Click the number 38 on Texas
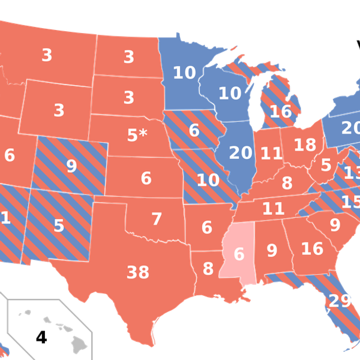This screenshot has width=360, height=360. point(137,272)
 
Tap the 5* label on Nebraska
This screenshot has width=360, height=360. point(137,135)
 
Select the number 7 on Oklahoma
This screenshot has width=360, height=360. point(157,219)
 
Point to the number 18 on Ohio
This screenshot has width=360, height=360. point(305,145)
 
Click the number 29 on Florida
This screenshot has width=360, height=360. point(340,301)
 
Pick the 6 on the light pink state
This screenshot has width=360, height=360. point(239,254)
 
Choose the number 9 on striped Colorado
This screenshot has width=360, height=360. point(71,166)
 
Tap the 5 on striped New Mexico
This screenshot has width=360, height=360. point(58,226)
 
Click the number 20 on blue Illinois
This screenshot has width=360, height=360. point(241,152)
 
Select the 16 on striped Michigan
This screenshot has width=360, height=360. point(281,111)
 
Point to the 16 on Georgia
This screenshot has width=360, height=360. point(312,248)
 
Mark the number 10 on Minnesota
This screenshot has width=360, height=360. point(184,73)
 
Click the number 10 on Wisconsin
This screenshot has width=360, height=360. point(230,93)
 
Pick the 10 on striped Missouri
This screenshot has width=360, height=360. point(208,179)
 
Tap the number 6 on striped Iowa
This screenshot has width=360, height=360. point(194,130)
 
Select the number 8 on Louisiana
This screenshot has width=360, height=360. point(208,268)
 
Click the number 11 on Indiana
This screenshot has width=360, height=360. point(271,153)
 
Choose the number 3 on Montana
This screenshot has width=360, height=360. point(47,55)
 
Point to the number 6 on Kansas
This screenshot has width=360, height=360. point(146,178)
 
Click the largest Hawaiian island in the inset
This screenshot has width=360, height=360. point(79,344)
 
